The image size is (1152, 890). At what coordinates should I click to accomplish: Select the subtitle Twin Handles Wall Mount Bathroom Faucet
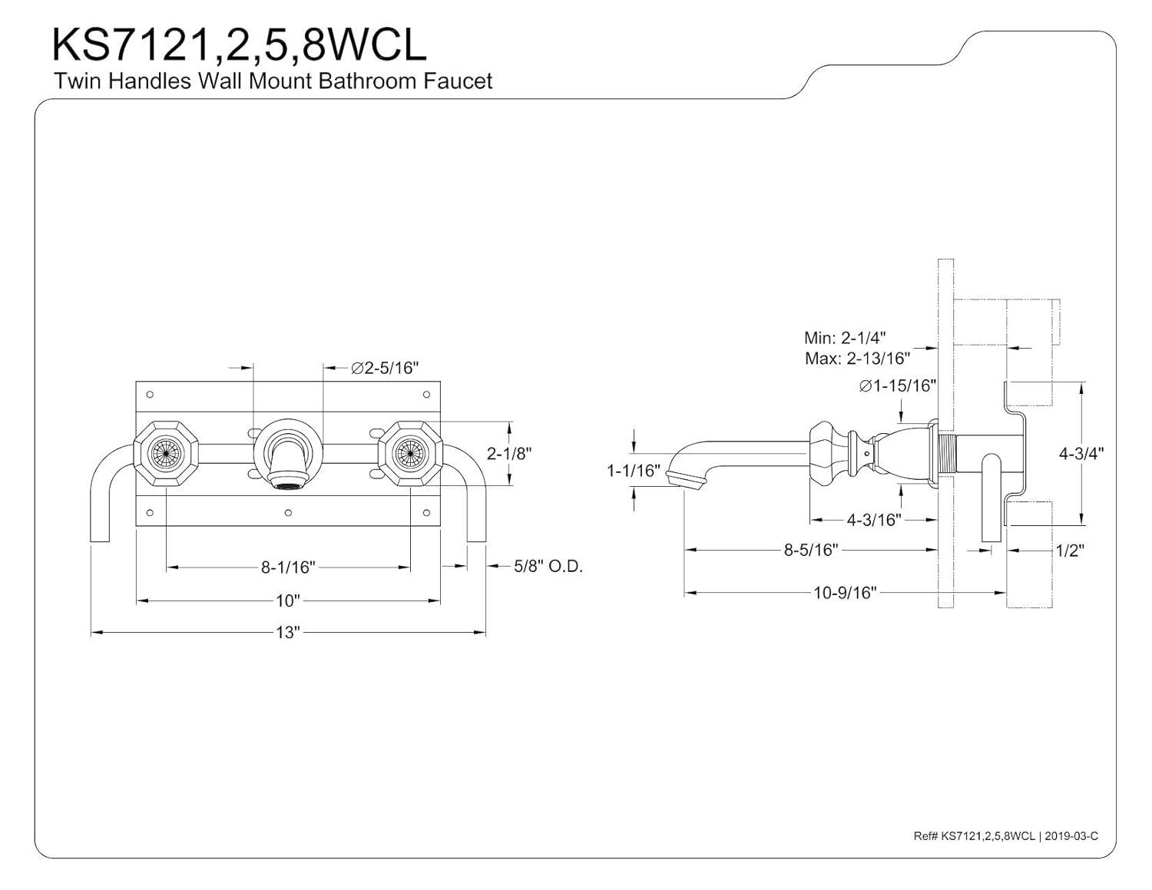point(273,81)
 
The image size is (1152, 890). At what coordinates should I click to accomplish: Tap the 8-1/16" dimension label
point(288,567)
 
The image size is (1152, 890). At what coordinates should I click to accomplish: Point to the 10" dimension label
point(288,600)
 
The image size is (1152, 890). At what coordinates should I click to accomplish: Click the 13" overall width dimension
point(287,633)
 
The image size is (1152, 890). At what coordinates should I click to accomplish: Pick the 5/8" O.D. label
point(548,567)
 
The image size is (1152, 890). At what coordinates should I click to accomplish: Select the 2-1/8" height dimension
point(509,453)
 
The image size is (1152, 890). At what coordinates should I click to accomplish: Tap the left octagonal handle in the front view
point(167,454)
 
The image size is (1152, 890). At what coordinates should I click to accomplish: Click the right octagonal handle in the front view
point(409,454)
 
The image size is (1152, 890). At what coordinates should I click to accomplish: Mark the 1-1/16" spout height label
point(634,470)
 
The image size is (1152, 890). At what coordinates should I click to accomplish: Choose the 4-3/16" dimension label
point(873,520)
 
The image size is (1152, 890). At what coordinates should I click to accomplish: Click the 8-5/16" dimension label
point(810,550)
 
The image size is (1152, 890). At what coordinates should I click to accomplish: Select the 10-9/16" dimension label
point(845,592)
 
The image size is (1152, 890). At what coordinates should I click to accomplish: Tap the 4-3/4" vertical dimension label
point(1081,453)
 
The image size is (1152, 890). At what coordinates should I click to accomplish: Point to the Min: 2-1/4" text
point(845,337)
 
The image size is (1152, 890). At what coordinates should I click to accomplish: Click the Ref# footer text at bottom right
point(1005,835)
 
